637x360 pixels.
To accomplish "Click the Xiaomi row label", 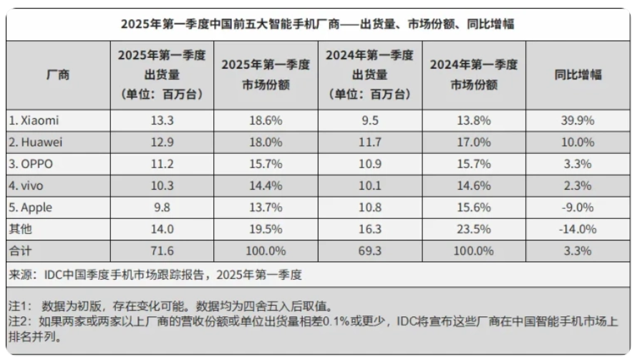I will pos(34,120).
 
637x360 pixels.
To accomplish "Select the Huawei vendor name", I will pos(37,142).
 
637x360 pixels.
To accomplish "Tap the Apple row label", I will pos(33,208).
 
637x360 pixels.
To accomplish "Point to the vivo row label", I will pos(29,185).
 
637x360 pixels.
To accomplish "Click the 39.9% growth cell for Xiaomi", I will pos(578,120).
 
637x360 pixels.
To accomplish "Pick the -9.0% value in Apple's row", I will pos(578,208).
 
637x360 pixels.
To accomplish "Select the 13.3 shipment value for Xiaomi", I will pos(162,120).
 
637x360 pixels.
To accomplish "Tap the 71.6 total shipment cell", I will pos(162,251).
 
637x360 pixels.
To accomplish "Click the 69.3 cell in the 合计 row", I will pos(370,251).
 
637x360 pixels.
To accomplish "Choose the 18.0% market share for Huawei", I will pos(266,142).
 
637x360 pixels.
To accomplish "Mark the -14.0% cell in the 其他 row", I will pos(578,229).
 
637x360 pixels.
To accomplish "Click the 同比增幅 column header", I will pos(578,74).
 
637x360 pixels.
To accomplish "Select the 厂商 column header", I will pos(58,74).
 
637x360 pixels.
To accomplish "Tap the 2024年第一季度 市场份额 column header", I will pos(473,74).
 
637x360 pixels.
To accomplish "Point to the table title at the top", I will pos(318,24).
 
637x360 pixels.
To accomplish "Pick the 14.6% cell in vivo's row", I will pos(473,185).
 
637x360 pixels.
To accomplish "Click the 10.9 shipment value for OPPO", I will pos(370,164).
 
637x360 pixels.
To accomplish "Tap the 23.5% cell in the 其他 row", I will pos(473,229).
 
